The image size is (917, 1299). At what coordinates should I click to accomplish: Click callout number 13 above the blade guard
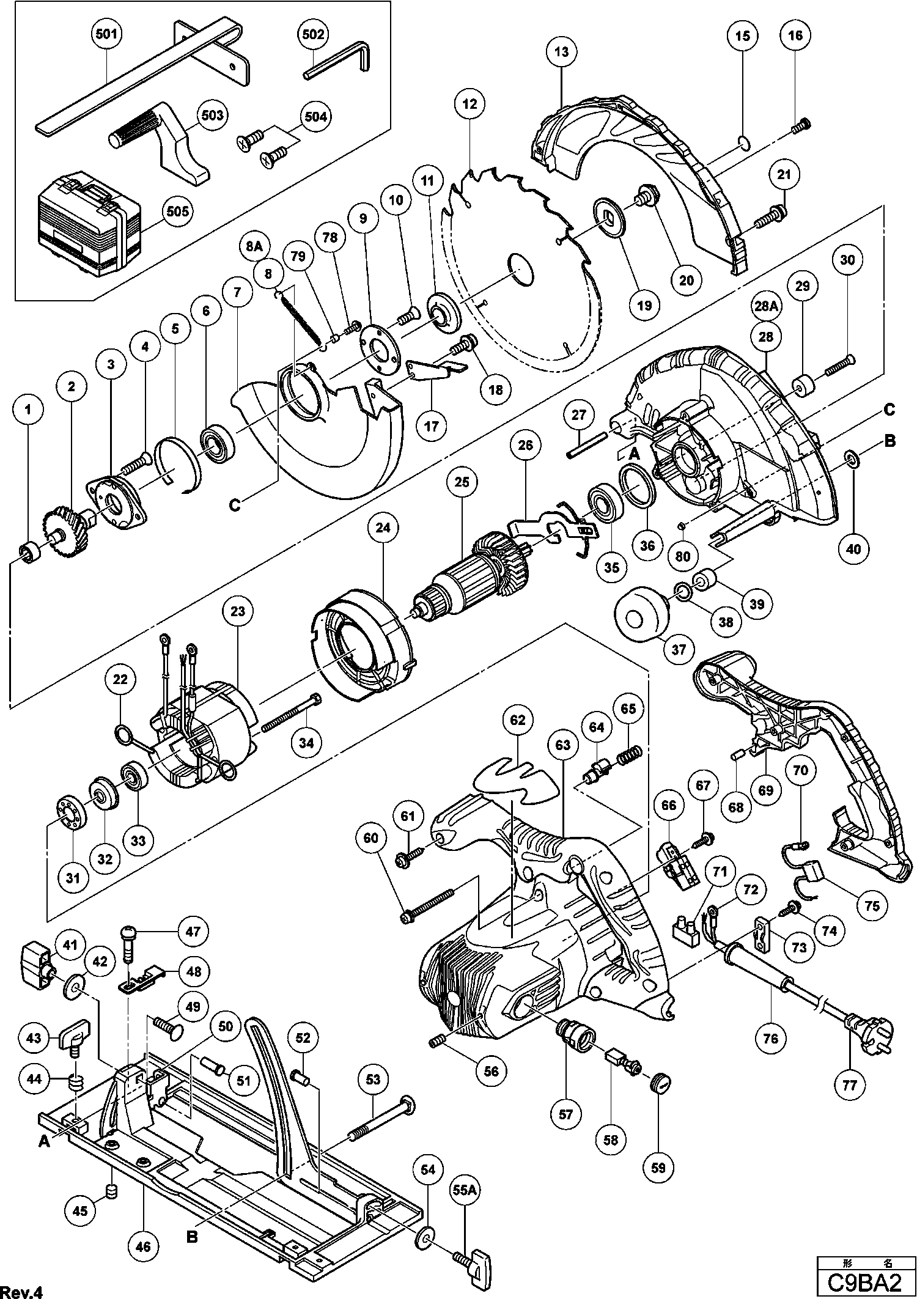562,51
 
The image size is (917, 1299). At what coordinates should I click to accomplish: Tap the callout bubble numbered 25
462,482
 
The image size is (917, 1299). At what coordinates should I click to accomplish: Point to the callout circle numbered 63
562,745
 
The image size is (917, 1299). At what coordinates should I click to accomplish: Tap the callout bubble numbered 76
771,1038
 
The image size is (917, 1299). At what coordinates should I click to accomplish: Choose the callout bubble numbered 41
70,946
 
